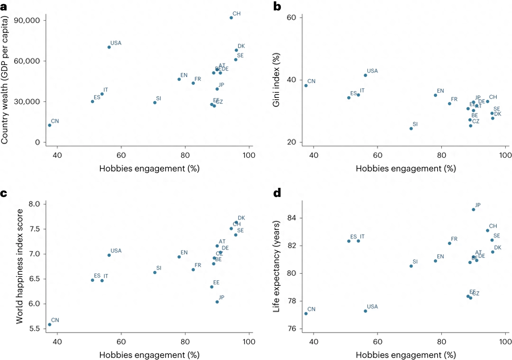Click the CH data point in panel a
pyautogui.click(x=231, y=18)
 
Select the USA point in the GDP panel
pyautogui.click(x=109, y=47)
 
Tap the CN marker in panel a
pyautogui.click(x=50, y=125)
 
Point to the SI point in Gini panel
pyautogui.click(x=411, y=129)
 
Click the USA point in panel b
pyautogui.click(x=365, y=76)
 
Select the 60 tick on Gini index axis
pyautogui.click(x=291, y=18)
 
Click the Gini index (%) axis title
pyautogui.click(x=276, y=80)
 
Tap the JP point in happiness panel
pyautogui.click(x=217, y=302)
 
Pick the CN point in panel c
pyautogui.click(x=50, y=325)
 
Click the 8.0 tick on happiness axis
pyautogui.click(x=34, y=204)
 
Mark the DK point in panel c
pyautogui.click(x=236, y=222)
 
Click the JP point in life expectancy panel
pyautogui.click(x=473, y=210)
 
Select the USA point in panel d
pyautogui.click(x=365, y=311)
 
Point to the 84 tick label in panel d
pyautogui.click(x=292, y=218)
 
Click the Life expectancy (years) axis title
pyautogui.click(x=276, y=267)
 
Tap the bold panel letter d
pyautogui.click(x=277, y=193)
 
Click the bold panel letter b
pyautogui.click(x=277, y=7)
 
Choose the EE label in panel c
pyautogui.click(x=216, y=283)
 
